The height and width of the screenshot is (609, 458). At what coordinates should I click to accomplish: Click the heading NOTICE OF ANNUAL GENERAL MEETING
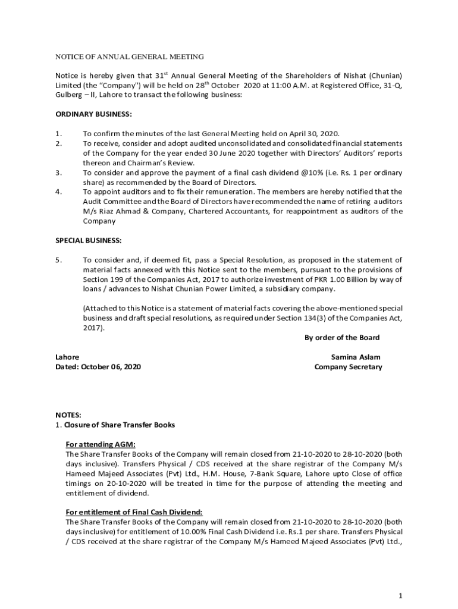point(129,56)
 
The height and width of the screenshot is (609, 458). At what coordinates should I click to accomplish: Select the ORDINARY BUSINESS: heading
point(93,114)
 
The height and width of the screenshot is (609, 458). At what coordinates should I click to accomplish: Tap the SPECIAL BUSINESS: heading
point(88,240)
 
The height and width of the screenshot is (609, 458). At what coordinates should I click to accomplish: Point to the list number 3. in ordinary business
point(58,172)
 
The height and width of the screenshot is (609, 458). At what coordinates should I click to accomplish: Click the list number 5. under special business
point(58,260)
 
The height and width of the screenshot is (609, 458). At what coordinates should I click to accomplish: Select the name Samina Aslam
point(356,357)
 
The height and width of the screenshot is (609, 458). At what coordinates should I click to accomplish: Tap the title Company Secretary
point(348,367)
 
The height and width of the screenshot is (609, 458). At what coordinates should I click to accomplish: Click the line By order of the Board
point(342,338)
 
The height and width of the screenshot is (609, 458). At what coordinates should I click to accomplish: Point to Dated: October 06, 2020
point(98,367)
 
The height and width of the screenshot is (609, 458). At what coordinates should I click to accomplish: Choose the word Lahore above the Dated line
point(67,357)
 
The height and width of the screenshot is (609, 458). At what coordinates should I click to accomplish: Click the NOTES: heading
point(68,415)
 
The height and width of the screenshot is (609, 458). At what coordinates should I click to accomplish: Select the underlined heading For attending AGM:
point(101,444)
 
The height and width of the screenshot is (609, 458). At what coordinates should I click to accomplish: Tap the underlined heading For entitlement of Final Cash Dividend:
point(134,512)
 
